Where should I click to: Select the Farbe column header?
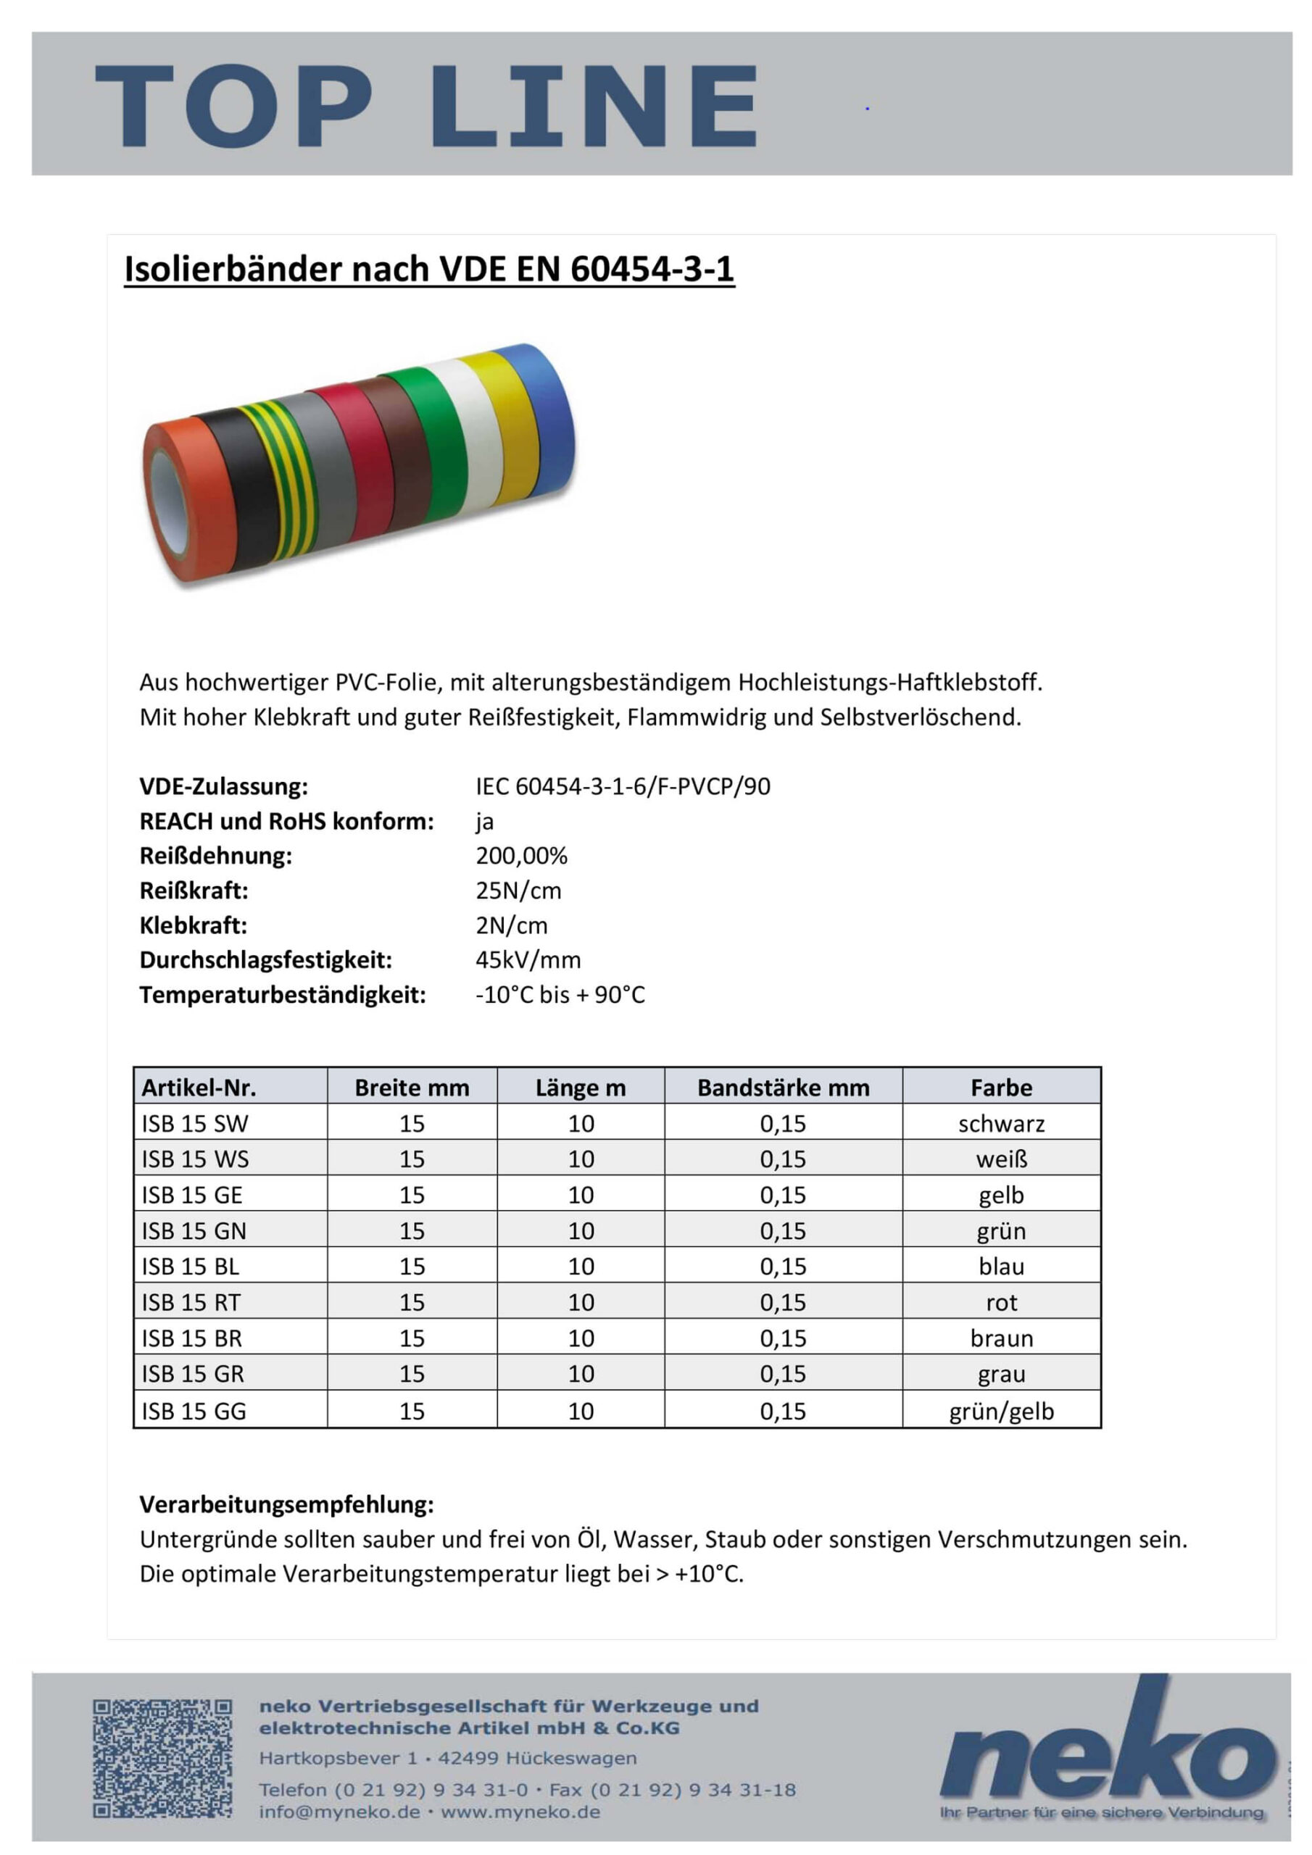[x=1001, y=1088]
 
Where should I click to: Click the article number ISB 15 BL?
[x=191, y=1266]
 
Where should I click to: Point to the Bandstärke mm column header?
[x=783, y=1088]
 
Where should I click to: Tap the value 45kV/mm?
[x=528, y=960]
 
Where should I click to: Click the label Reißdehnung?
[x=215, y=856]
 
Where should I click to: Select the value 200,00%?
[x=521, y=856]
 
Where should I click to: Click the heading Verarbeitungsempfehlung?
[x=286, y=1504]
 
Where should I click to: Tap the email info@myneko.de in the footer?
[x=339, y=1812]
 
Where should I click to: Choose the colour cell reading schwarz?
[x=1001, y=1124]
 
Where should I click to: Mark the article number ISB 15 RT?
[x=191, y=1302]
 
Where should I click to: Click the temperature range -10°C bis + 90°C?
[x=560, y=995]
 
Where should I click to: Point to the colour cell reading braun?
[x=1001, y=1339]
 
